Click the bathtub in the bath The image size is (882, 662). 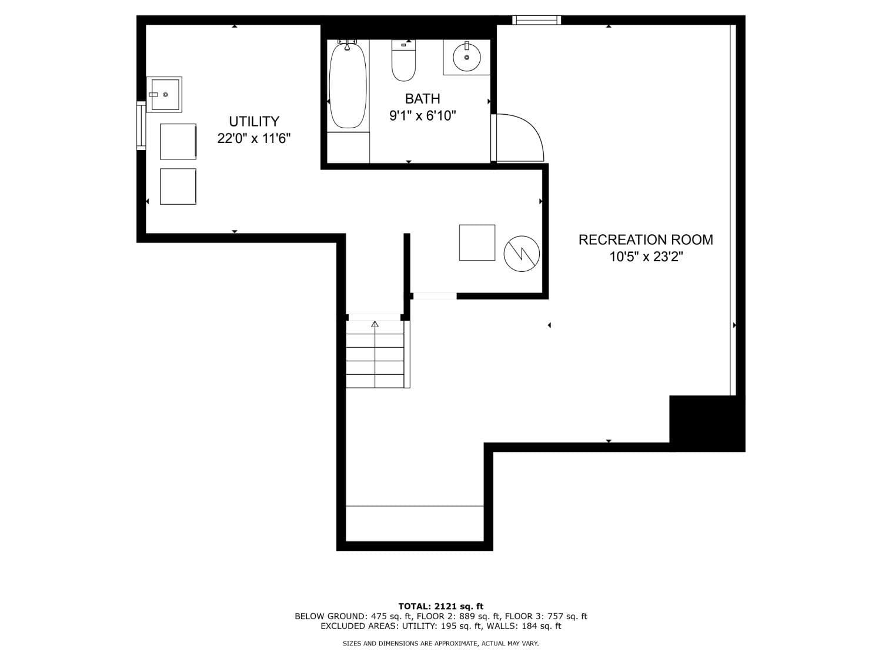(x=348, y=84)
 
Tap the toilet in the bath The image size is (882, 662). (x=403, y=61)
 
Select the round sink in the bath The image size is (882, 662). (x=467, y=57)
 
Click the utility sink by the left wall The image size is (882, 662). (x=164, y=94)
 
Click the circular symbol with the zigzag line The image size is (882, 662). (x=522, y=254)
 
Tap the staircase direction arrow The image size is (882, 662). (x=375, y=324)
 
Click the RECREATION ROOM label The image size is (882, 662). (x=646, y=239)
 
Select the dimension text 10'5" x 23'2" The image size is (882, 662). (x=646, y=257)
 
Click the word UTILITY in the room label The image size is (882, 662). (x=253, y=121)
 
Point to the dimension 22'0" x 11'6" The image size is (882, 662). (x=253, y=139)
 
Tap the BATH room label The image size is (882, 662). (x=422, y=98)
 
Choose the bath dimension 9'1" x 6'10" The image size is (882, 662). (x=422, y=116)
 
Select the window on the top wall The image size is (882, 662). (x=536, y=20)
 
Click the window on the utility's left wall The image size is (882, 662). (x=141, y=125)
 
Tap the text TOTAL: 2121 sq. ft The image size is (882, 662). (x=441, y=606)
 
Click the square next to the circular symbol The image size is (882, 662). (x=477, y=242)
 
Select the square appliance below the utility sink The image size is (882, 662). (x=178, y=141)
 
